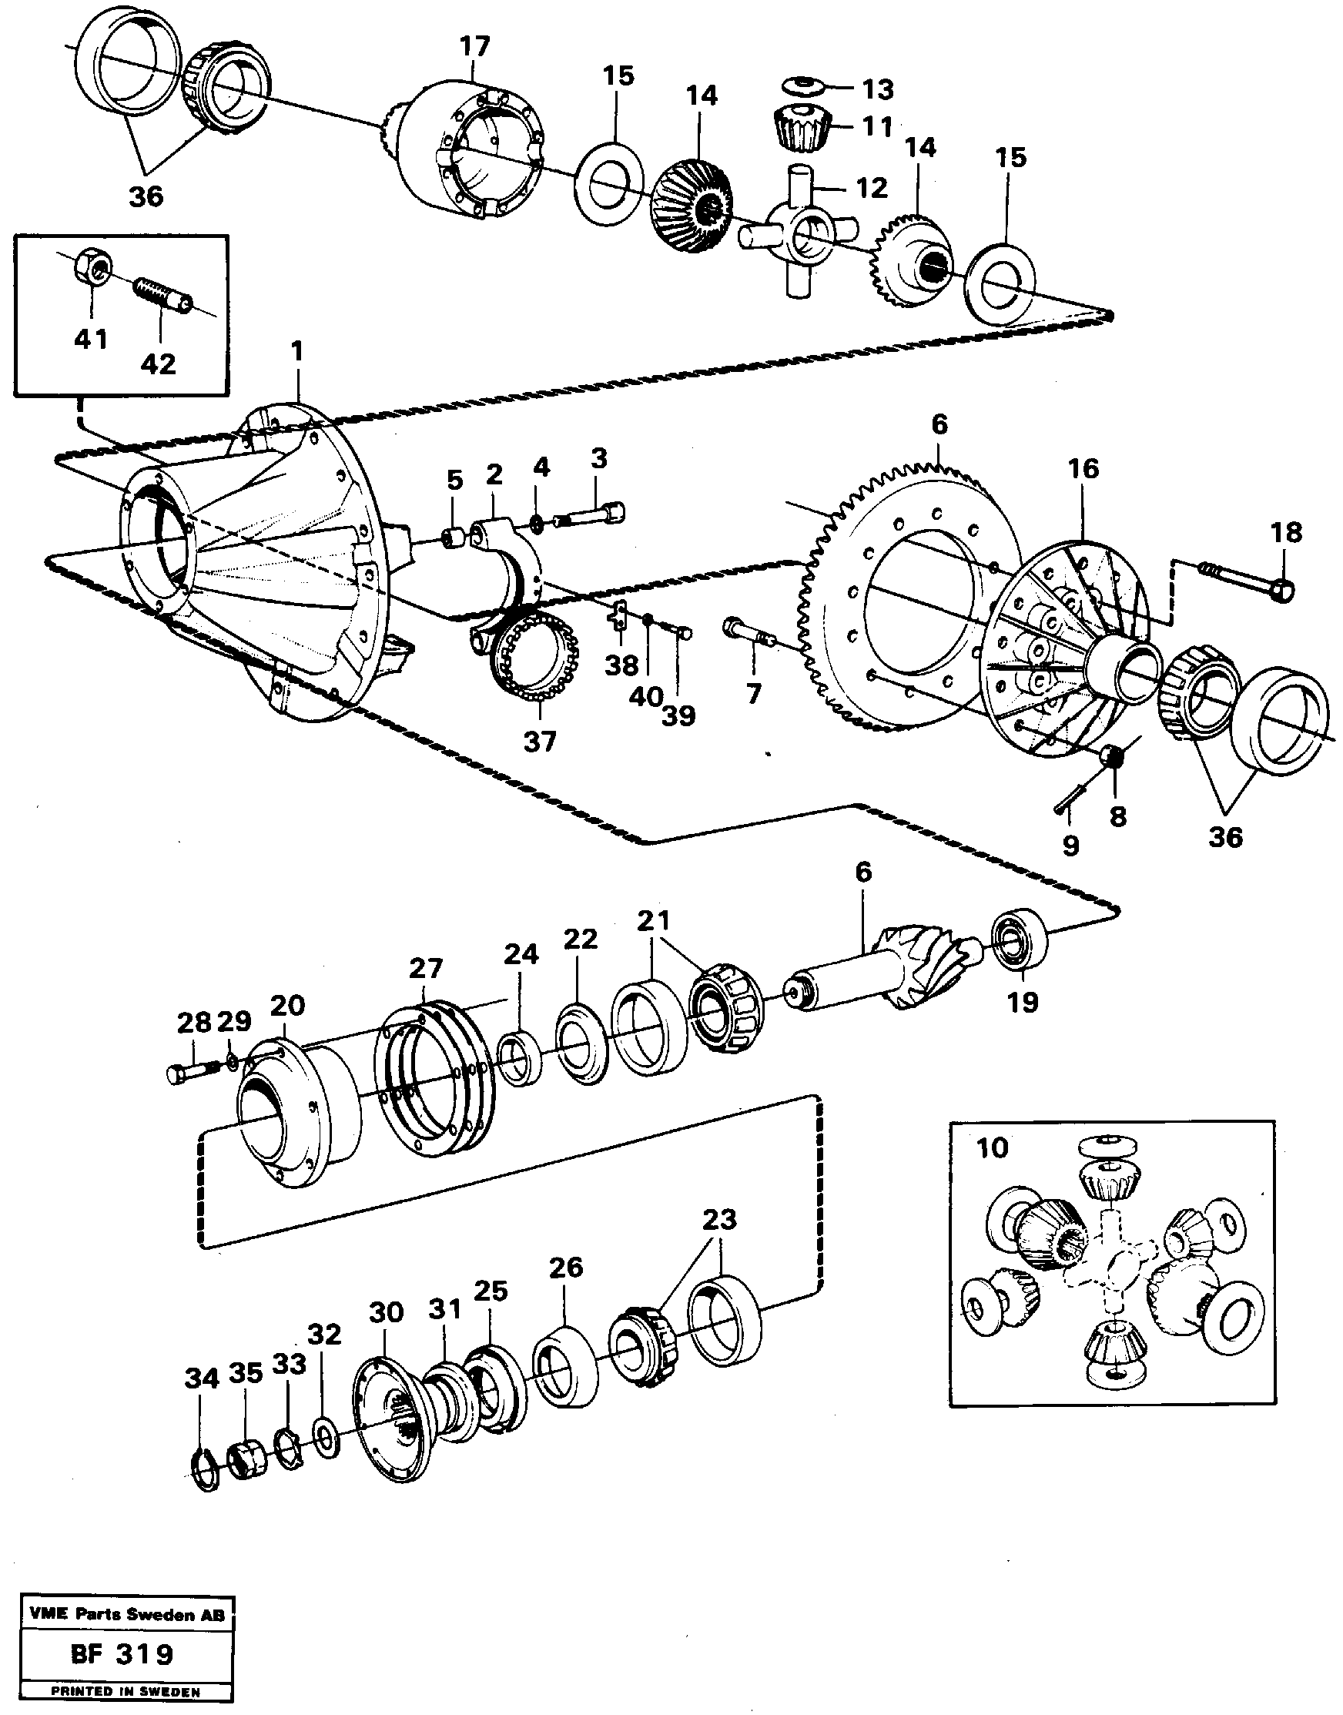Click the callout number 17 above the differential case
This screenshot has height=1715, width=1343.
pos(475,46)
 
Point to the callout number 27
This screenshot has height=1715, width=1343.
pos(425,968)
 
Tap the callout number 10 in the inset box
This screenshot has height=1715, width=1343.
pos(992,1147)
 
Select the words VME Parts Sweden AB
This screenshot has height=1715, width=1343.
pos(126,1614)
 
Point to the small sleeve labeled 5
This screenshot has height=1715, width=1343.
pos(454,539)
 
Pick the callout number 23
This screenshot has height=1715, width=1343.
pos(718,1219)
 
